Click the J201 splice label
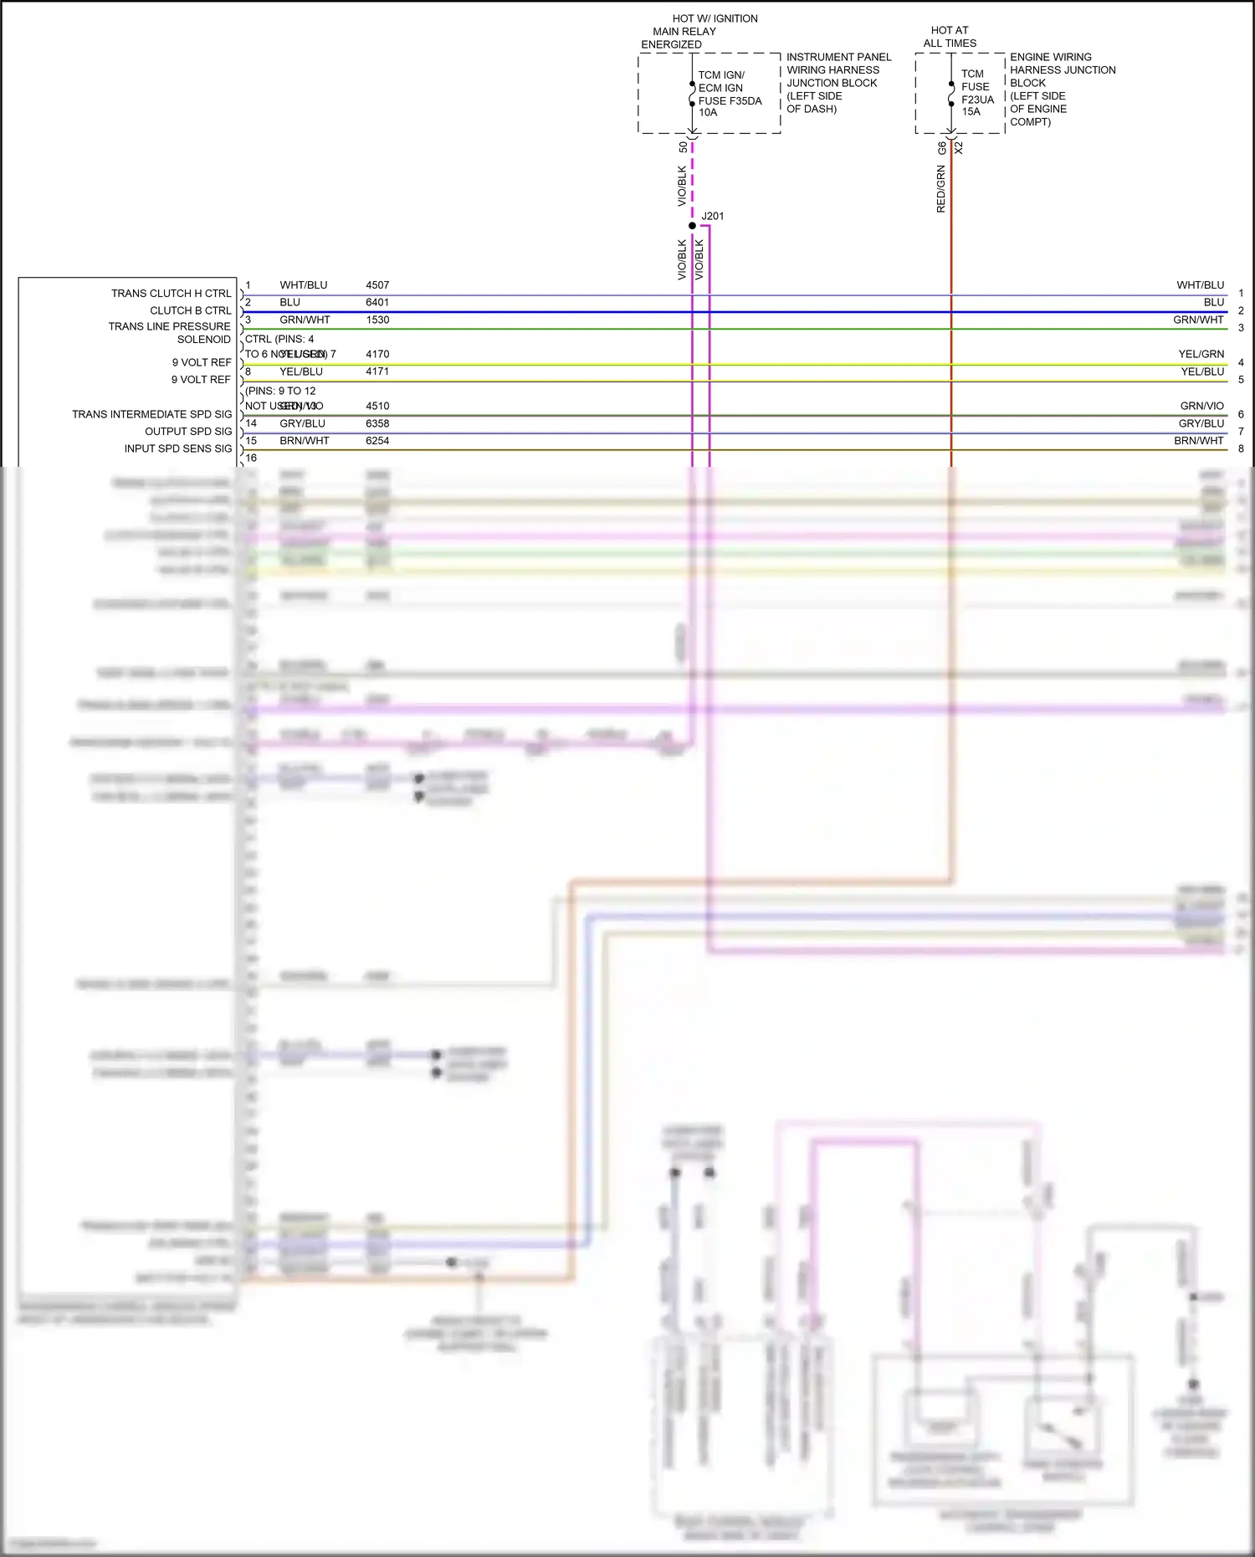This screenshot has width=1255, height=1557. click(x=713, y=216)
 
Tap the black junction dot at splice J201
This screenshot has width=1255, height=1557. click(x=692, y=226)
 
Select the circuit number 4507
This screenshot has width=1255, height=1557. click(x=377, y=285)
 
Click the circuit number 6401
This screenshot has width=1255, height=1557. click(x=377, y=303)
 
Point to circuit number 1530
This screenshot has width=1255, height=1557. click(x=377, y=320)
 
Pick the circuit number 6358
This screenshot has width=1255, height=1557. click(x=377, y=423)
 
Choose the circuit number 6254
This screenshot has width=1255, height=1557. click(x=377, y=441)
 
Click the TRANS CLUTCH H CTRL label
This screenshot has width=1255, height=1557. click(x=171, y=294)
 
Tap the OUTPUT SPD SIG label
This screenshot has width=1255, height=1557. click(x=188, y=432)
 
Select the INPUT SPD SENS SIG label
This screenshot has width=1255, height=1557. click(x=178, y=449)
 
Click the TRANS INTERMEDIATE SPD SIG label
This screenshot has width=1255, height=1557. click(x=151, y=414)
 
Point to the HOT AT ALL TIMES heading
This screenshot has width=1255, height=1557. click(x=950, y=37)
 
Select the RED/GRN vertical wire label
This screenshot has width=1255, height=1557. click(x=940, y=189)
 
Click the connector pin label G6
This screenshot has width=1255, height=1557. click(x=942, y=148)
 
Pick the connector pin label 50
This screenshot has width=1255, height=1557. click(x=684, y=147)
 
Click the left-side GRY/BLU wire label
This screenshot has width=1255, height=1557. click(x=302, y=423)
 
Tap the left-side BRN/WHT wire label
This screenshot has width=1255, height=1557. click(x=304, y=441)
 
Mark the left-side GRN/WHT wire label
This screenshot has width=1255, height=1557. click(x=305, y=320)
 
